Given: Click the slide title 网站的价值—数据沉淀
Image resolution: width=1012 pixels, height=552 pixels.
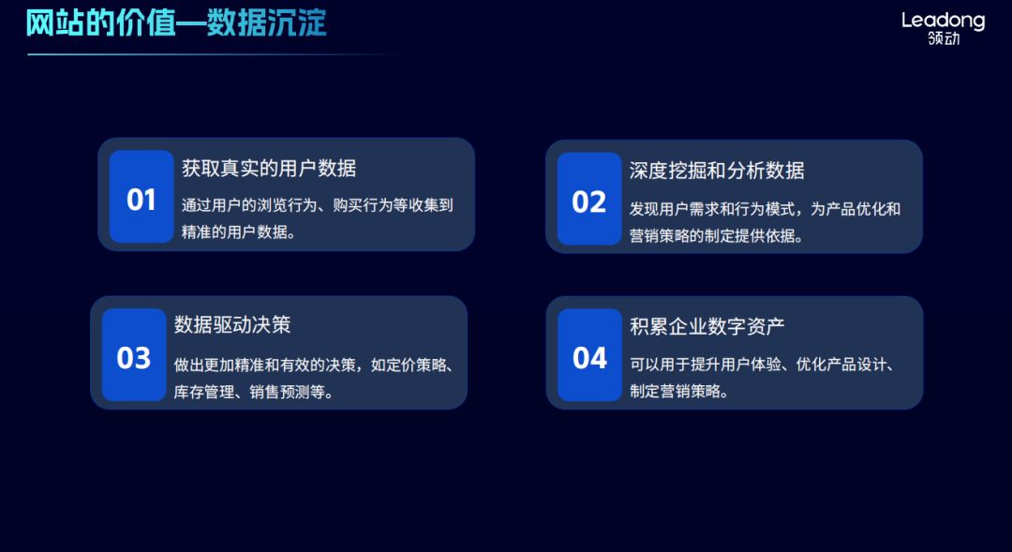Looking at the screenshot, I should (176, 22).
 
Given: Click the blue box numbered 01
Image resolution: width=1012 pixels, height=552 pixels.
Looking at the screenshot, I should (141, 197).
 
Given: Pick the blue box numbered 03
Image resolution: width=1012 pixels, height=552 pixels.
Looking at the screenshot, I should (134, 355).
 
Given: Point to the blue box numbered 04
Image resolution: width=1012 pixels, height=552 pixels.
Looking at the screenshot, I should (589, 355).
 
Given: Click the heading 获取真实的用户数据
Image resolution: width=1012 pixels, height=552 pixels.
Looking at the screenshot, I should (269, 169).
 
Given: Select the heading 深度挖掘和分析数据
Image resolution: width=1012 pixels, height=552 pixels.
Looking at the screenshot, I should (717, 171).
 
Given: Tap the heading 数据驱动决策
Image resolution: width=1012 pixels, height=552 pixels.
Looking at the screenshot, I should (232, 325).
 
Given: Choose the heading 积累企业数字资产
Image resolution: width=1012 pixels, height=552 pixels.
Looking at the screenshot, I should (707, 326).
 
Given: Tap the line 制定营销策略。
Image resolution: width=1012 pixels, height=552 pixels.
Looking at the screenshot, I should (679, 392).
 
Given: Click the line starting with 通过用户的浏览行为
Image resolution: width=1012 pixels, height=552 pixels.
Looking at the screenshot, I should (318, 205).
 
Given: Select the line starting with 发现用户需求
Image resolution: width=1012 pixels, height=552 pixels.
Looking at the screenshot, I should (765, 208).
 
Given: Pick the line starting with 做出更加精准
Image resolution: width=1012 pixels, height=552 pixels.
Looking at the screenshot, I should (314, 365).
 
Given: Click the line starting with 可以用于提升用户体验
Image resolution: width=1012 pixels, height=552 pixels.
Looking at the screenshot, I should (762, 365).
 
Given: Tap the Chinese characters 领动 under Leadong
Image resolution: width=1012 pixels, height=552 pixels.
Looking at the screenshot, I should (944, 39).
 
